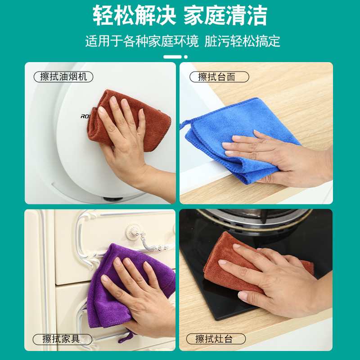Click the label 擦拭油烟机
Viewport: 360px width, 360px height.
[x=63, y=77]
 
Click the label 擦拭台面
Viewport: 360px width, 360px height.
[x=216, y=77]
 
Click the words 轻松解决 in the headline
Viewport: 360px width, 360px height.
[x=134, y=16]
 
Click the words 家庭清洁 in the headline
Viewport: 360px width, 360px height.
[x=225, y=16]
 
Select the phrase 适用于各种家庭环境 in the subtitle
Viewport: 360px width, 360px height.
[x=142, y=41]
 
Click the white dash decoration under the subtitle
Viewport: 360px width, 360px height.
[x=173, y=57]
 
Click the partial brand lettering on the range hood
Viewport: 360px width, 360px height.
[x=85, y=116]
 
